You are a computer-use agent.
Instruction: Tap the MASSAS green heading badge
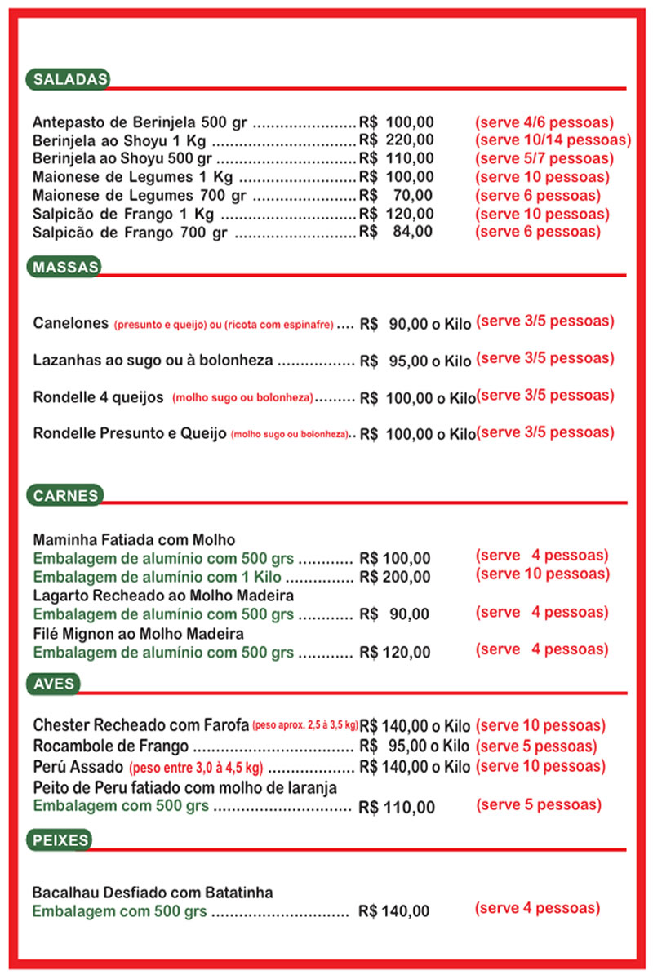tap(66, 267)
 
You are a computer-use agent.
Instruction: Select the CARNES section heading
tap(66, 494)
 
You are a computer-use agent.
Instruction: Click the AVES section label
tap(54, 684)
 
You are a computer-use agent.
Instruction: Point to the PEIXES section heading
tap(60, 839)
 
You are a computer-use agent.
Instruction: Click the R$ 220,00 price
tap(397, 140)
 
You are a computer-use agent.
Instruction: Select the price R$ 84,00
tap(397, 232)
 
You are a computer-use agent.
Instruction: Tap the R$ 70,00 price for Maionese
tap(397, 195)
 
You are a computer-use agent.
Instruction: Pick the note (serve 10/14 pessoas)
tap(553, 140)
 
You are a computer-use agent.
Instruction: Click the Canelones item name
tap(71, 323)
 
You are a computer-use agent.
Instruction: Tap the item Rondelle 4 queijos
tap(99, 397)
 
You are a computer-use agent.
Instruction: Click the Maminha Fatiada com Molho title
tap(134, 540)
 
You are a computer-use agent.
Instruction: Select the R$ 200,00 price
tap(394, 577)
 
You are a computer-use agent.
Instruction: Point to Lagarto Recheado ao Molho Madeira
tap(163, 596)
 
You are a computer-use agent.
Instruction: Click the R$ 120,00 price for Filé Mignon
tap(394, 652)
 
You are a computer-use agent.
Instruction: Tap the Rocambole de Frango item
tap(111, 746)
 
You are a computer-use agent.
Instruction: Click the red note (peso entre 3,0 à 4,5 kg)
tap(195, 768)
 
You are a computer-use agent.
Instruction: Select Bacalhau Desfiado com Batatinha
tap(153, 893)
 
